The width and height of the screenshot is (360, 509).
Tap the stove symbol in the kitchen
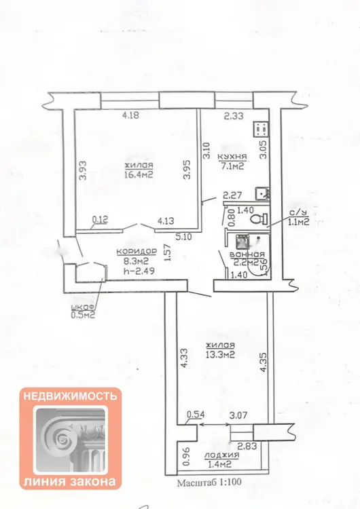(x=262, y=130)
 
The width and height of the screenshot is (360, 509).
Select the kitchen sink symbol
(x=262, y=193)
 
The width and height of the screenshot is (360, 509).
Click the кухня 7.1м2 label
(x=232, y=162)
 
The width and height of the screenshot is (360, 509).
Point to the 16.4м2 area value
(x=139, y=174)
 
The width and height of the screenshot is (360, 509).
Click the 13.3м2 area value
(x=220, y=354)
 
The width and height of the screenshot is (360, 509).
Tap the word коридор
(x=137, y=252)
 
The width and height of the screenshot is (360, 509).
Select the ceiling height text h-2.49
(x=139, y=271)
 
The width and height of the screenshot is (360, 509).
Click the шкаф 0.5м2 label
(x=83, y=311)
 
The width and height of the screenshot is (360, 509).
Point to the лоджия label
(x=221, y=455)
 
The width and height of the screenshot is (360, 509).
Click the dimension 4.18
(x=130, y=115)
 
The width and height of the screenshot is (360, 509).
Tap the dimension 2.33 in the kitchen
(x=234, y=115)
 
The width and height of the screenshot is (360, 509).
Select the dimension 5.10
(x=184, y=237)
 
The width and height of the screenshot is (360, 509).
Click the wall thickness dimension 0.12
(x=100, y=220)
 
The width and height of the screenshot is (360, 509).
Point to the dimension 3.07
(x=238, y=415)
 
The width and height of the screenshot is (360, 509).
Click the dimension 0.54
(x=195, y=415)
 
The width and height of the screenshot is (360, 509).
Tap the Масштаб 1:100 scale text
(x=209, y=482)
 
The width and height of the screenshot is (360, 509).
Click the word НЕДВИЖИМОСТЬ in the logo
(x=70, y=396)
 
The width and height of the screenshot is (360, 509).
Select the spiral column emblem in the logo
(x=70, y=439)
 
